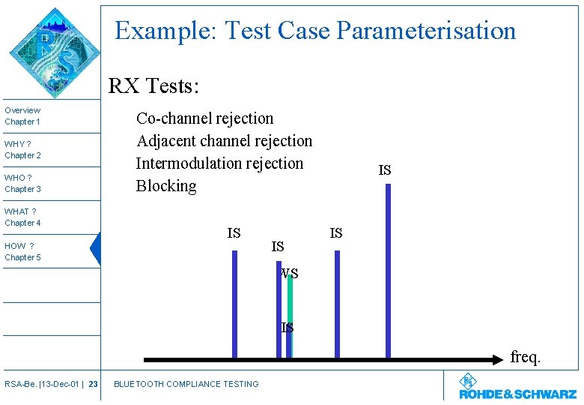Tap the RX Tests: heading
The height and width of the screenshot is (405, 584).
click(153, 86)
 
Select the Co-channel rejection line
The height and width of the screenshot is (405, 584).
click(204, 118)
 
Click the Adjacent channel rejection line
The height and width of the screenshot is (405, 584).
click(224, 141)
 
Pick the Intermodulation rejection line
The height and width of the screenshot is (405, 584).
click(219, 163)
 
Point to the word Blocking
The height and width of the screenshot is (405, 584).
click(165, 186)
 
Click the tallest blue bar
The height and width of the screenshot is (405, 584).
click(388, 270)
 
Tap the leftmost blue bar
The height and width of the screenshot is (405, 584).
click(234, 304)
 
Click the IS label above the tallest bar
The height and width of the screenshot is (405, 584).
click(384, 171)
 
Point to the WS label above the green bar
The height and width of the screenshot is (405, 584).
click(290, 274)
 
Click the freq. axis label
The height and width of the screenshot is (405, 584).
click(525, 357)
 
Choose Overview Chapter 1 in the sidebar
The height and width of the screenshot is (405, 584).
click(23, 116)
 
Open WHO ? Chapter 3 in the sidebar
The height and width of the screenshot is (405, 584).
click(23, 184)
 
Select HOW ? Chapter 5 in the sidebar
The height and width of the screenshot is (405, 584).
click(23, 252)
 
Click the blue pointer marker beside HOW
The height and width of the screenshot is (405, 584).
click(95, 250)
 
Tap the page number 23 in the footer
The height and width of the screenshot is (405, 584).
click(93, 384)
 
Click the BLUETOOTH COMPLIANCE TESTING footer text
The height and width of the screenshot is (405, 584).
click(186, 384)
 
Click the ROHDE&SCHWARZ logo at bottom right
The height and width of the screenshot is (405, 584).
click(517, 388)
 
